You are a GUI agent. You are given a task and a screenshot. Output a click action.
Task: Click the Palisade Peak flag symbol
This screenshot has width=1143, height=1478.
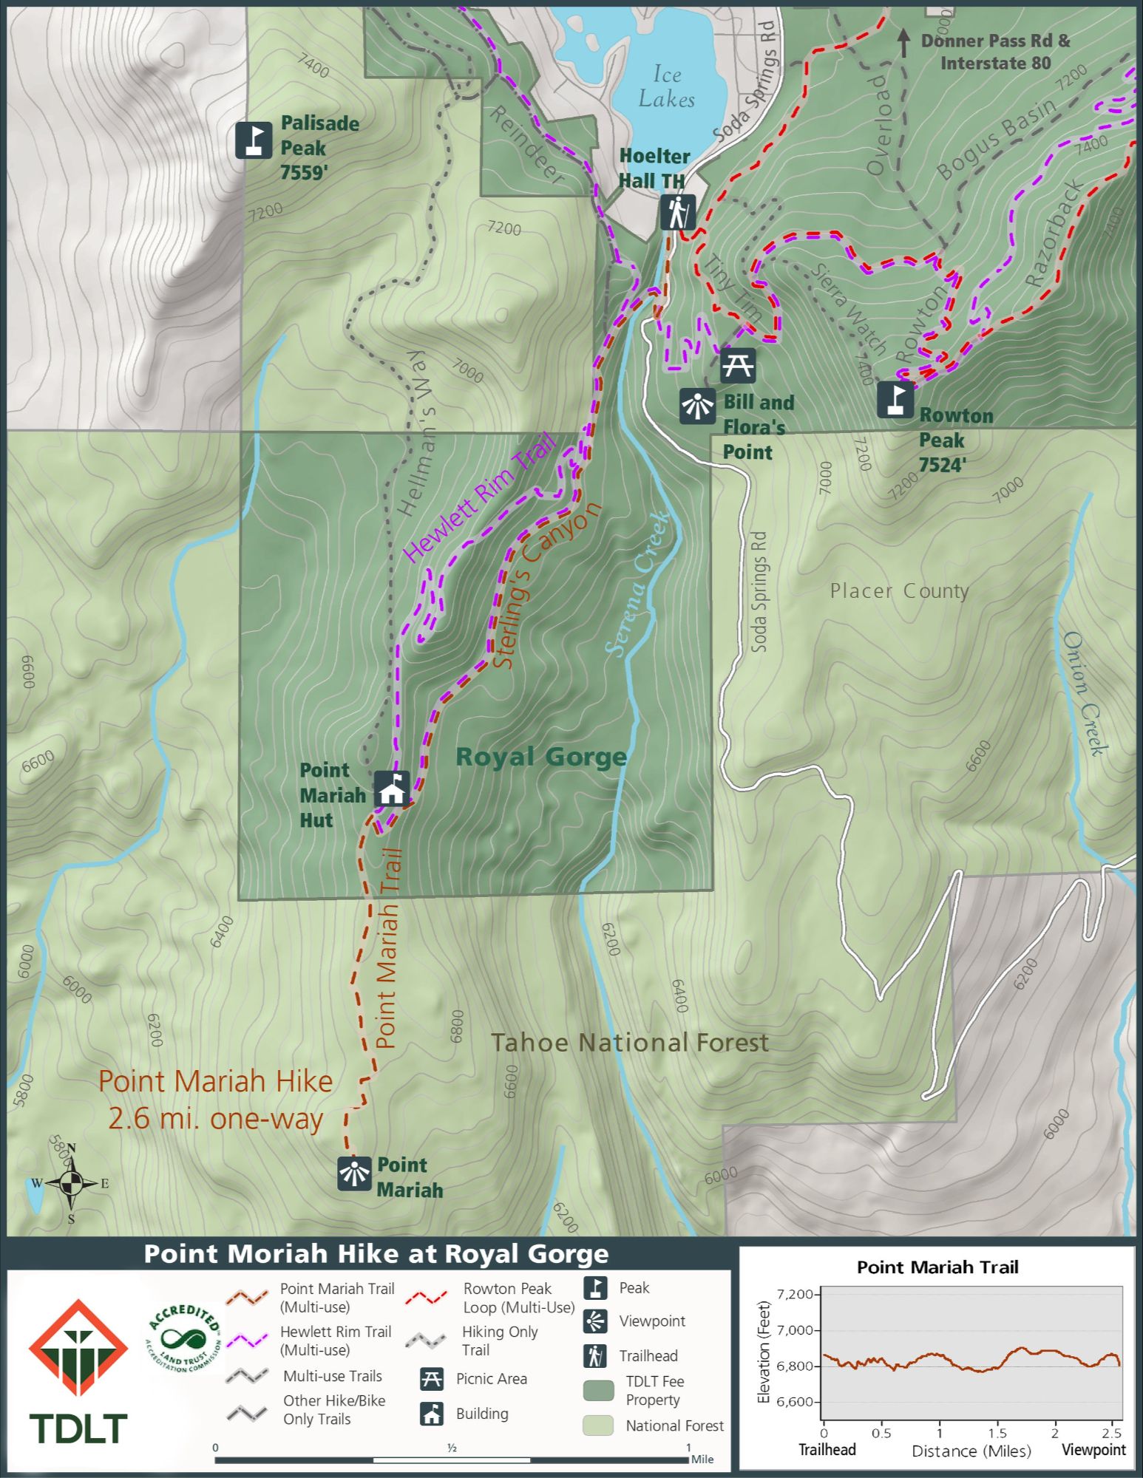point(254,140)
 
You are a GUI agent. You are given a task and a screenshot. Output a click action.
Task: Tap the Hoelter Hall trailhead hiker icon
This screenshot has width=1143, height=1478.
point(677,212)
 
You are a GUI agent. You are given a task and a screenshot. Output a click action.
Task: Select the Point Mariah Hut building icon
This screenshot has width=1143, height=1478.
point(391,789)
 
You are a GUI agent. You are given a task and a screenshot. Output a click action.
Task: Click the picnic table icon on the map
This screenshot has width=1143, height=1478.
point(737,365)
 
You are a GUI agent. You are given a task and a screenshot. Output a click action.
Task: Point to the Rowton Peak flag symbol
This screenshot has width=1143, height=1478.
point(895,399)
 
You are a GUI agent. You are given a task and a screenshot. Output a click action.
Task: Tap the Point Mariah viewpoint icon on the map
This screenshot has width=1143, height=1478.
point(354,1174)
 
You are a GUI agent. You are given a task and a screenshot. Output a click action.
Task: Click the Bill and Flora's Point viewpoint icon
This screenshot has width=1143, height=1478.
point(697,406)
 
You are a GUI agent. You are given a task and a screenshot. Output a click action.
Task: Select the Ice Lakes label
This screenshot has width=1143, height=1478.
point(666,87)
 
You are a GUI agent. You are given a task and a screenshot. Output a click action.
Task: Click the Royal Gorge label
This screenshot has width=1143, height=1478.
point(540,757)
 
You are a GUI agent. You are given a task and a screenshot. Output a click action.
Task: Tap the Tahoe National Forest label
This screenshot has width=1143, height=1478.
point(630,1043)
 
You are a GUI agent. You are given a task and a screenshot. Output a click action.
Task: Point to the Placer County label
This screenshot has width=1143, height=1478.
point(898,591)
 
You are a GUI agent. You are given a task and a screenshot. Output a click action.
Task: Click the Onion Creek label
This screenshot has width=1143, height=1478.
point(1084,693)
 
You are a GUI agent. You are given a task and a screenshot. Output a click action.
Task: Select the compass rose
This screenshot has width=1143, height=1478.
point(71,1183)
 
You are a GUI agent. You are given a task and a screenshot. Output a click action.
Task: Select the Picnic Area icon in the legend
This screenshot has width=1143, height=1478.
point(431,1378)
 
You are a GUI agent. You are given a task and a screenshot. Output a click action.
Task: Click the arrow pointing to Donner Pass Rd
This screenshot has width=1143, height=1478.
point(903,43)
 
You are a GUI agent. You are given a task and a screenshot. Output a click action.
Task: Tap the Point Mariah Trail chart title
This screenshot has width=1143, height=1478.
point(937,1267)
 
